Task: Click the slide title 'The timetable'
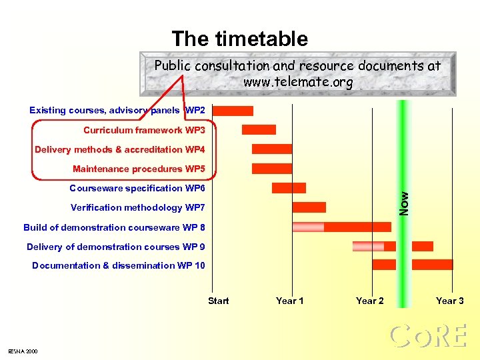[x=239, y=39]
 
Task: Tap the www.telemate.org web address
[x=297, y=83]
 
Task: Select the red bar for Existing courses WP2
[x=233, y=111]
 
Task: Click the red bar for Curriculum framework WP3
[x=259, y=129]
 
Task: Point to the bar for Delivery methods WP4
[x=272, y=149]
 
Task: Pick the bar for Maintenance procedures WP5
[x=272, y=169]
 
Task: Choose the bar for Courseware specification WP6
[x=289, y=188]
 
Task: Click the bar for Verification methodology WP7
[x=309, y=207]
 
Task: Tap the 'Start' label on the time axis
[x=218, y=301]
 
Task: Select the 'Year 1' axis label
[x=289, y=301]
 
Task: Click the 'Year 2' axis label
[x=369, y=301]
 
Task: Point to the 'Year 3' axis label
[x=449, y=301]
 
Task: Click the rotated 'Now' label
[x=404, y=202]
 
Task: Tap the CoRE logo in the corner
[x=427, y=336]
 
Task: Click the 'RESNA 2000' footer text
[x=23, y=351]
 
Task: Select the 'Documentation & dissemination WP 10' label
[x=119, y=265]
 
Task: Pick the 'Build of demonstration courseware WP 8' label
[x=114, y=227]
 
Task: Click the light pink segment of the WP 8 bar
[x=308, y=227]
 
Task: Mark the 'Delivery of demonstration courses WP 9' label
[x=116, y=247]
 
